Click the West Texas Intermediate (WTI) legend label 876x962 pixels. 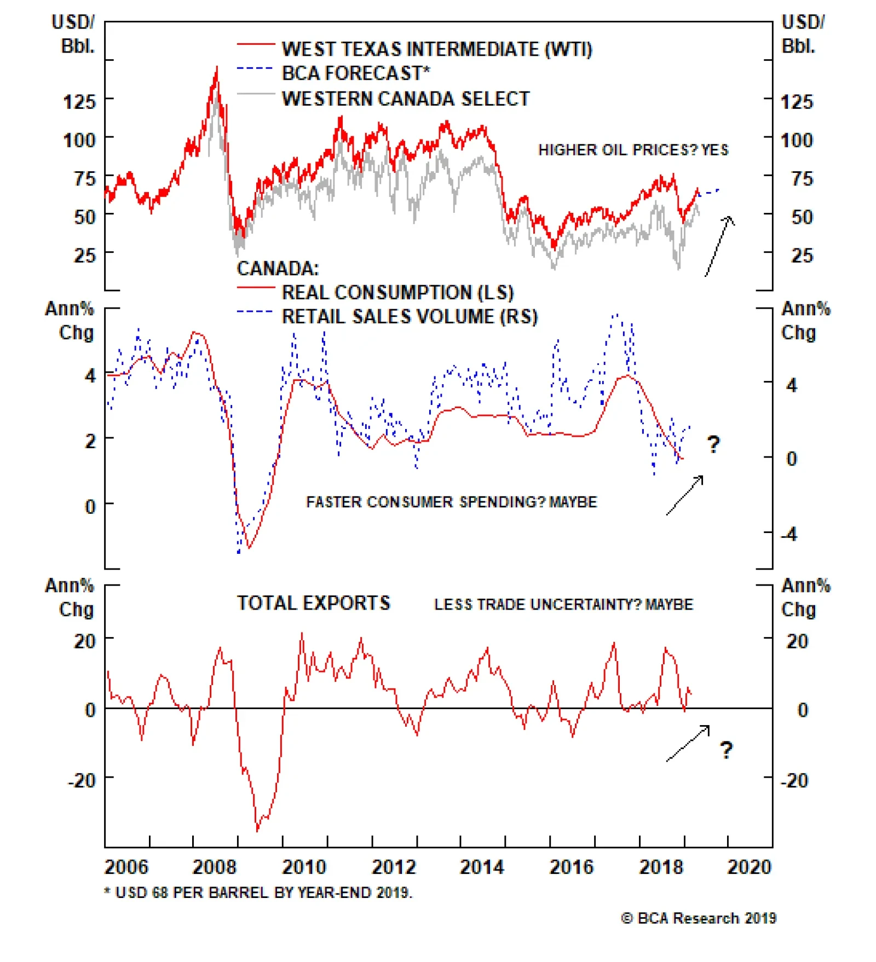click(x=436, y=49)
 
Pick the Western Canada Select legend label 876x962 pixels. click(x=406, y=98)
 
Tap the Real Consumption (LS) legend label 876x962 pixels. click(x=397, y=292)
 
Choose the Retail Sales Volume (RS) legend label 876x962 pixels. click(x=410, y=316)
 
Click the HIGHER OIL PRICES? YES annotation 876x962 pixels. click(x=633, y=150)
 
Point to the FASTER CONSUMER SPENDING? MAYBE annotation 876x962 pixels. click(x=451, y=502)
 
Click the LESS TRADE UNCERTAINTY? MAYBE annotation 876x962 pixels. click(x=563, y=604)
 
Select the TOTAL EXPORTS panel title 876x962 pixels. click(x=313, y=603)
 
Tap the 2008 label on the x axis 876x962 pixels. click(x=214, y=867)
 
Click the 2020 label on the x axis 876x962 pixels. click(x=748, y=867)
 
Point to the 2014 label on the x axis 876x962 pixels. click(x=481, y=867)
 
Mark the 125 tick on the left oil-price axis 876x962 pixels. click(x=79, y=102)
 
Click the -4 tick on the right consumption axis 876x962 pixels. click(x=789, y=534)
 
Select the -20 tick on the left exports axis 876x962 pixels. click(x=82, y=780)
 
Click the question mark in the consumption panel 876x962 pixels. click(x=713, y=444)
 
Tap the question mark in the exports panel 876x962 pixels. click(x=726, y=750)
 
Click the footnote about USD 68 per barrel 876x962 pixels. click(x=258, y=893)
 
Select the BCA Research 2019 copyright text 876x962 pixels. click(x=699, y=918)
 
